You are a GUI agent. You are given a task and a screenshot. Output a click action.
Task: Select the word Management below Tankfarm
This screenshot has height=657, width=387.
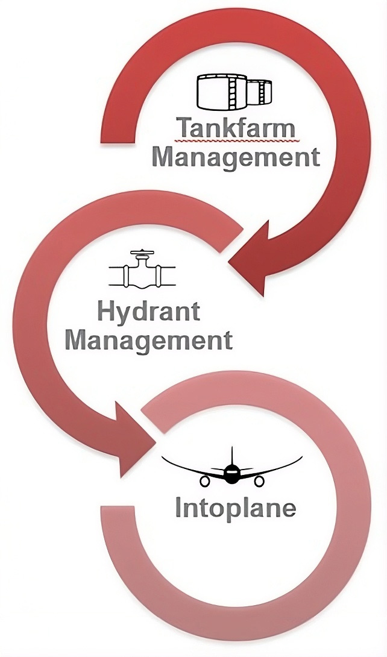236,159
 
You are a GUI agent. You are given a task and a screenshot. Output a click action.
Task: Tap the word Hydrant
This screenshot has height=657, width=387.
149,313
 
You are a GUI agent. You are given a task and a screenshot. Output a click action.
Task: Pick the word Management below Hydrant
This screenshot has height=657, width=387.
149,340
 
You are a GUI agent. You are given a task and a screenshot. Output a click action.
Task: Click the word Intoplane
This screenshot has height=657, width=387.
236,508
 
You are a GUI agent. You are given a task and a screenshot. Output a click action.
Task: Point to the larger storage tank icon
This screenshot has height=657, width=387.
222,92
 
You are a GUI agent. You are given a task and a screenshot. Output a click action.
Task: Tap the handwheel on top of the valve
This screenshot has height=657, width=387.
142,253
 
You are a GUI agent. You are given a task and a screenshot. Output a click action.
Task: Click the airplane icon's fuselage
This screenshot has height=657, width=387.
231,473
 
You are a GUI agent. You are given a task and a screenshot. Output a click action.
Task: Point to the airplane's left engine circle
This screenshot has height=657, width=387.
204,482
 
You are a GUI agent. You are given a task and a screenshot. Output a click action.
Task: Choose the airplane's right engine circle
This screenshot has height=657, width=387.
260,482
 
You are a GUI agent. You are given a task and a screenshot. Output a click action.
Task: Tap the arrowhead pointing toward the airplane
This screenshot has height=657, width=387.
133,440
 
